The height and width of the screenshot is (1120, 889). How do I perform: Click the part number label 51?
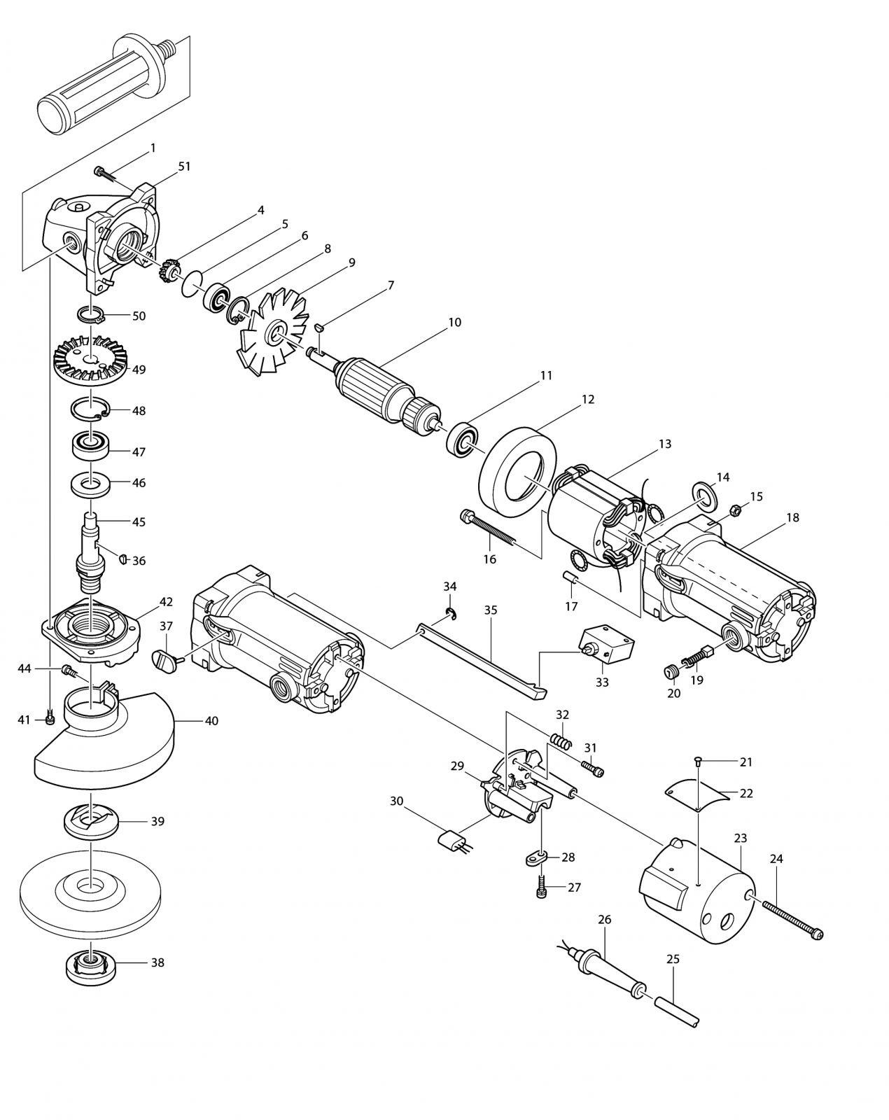click(184, 167)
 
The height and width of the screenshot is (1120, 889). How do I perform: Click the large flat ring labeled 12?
click(517, 471)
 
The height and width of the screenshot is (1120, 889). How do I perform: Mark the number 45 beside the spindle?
click(139, 522)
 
